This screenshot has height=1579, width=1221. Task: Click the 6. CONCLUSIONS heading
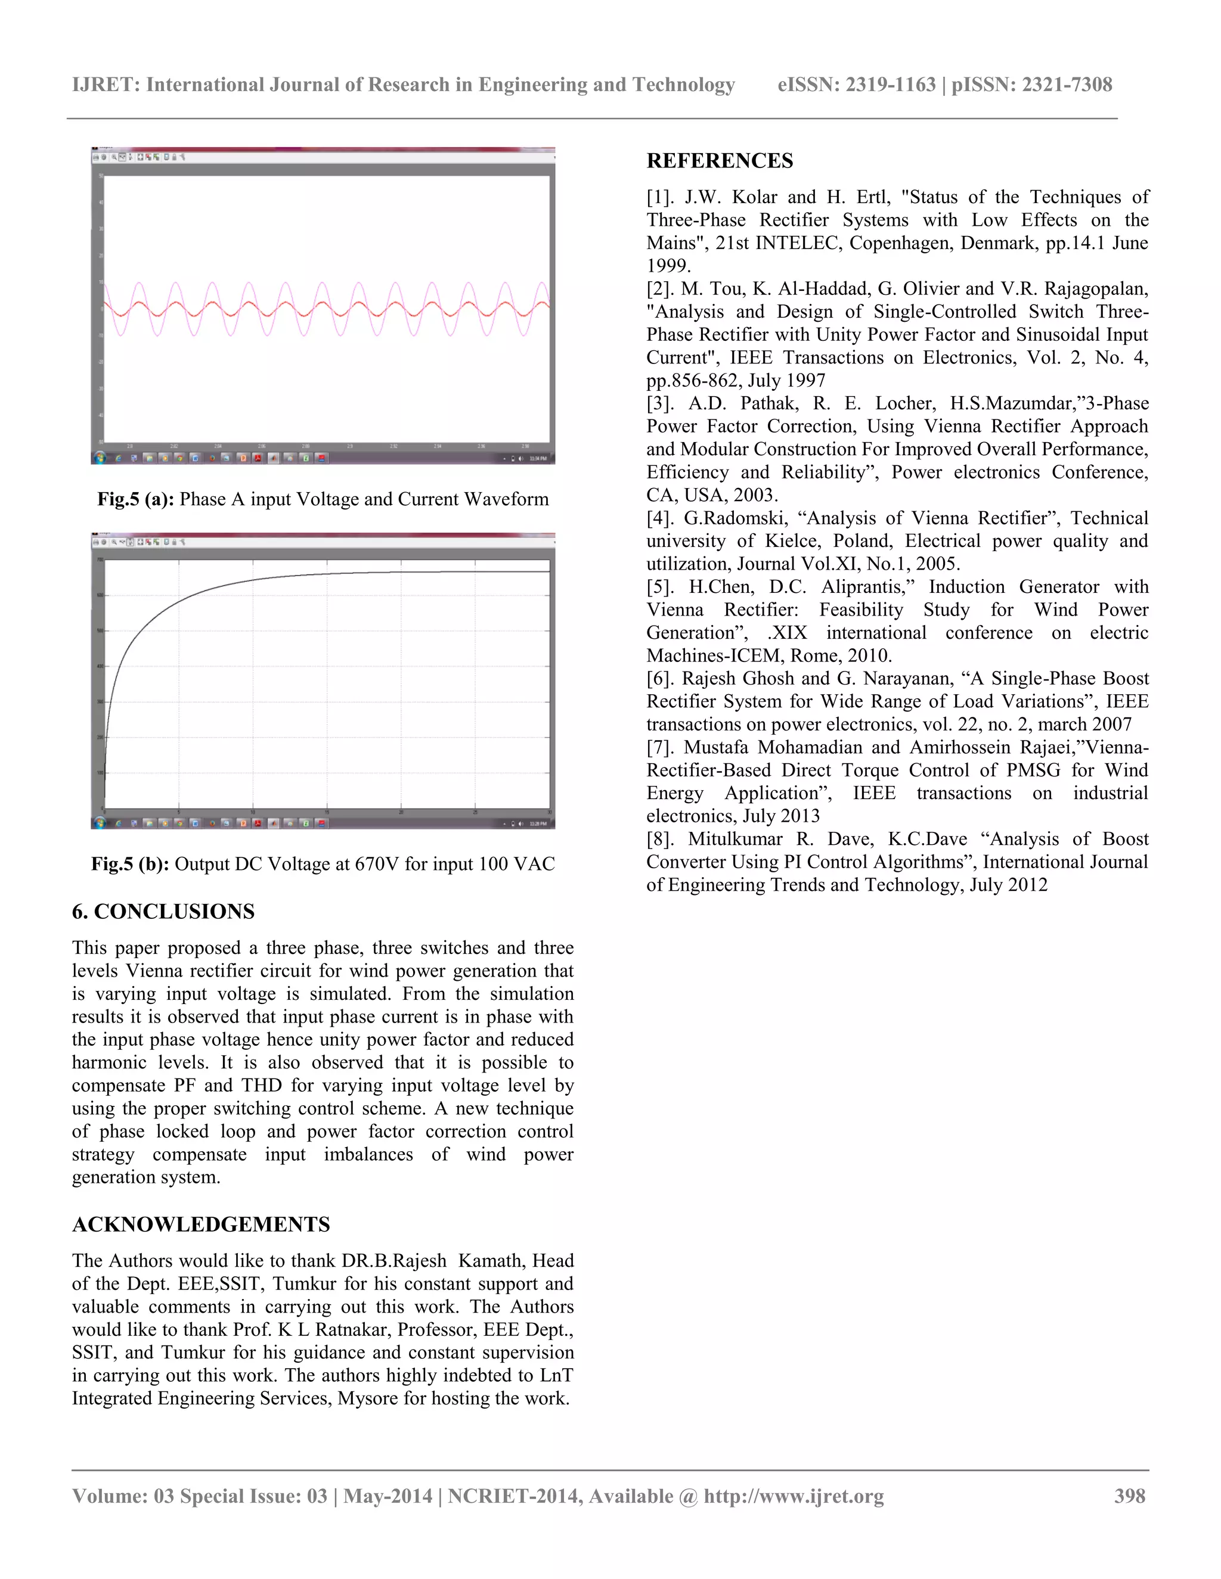click(x=163, y=911)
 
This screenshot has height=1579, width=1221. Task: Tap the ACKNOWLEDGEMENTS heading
click(x=200, y=1224)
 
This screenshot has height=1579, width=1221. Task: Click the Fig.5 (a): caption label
click(x=135, y=499)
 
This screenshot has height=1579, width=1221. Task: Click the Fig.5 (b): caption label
click(x=129, y=864)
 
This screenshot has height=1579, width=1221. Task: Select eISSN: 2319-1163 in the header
click(x=857, y=85)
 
